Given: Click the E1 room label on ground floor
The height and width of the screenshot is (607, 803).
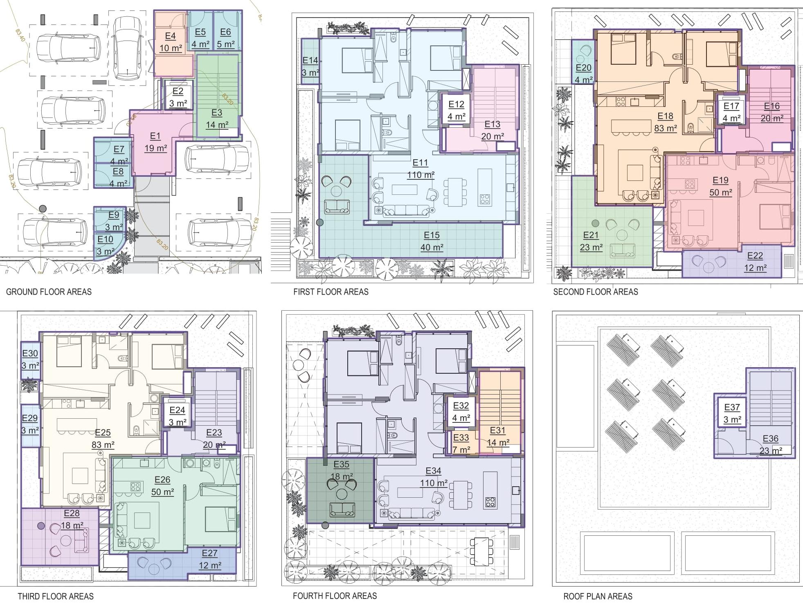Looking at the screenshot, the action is click(x=155, y=136).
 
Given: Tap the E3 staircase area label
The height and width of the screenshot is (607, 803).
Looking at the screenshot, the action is click(x=217, y=113).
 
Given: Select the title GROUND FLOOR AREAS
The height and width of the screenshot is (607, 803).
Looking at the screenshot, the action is click(x=49, y=292).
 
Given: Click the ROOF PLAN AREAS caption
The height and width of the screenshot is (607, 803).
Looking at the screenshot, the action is click(x=598, y=596).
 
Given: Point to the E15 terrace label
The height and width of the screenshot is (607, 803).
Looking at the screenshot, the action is click(x=432, y=235).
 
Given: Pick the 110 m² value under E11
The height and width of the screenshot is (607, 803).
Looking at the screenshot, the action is click(x=421, y=175).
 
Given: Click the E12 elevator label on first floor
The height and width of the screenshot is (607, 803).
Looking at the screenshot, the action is click(x=457, y=104).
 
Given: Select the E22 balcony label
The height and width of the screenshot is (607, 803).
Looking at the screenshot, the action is click(x=755, y=256).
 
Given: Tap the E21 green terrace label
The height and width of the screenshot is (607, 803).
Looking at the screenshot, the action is click(x=591, y=235).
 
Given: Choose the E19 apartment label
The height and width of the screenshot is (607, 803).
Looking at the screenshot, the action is click(x=720, y=180).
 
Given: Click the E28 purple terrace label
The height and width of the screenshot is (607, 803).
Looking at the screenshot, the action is click(x=72, y=513).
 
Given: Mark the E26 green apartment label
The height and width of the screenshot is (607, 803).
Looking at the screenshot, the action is click(x=162, y=480).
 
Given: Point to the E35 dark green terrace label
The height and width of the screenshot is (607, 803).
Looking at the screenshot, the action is click(x=342, y=464).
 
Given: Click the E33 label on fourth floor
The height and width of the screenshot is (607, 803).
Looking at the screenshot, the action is click(x=461, y=438).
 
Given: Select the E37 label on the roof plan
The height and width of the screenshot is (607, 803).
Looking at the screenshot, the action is click(x=732, y=407).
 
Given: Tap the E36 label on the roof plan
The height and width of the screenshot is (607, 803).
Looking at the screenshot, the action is click(x=771, y=439).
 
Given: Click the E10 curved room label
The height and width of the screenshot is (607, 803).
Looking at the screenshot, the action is click(x=105, y=239).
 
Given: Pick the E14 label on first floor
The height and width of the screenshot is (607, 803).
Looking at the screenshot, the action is click(x=310, y=61).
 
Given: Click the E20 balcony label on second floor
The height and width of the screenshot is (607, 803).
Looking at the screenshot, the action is click(x=584, y=68).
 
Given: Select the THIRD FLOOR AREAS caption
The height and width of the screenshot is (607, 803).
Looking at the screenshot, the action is click(x=56, y=596).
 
